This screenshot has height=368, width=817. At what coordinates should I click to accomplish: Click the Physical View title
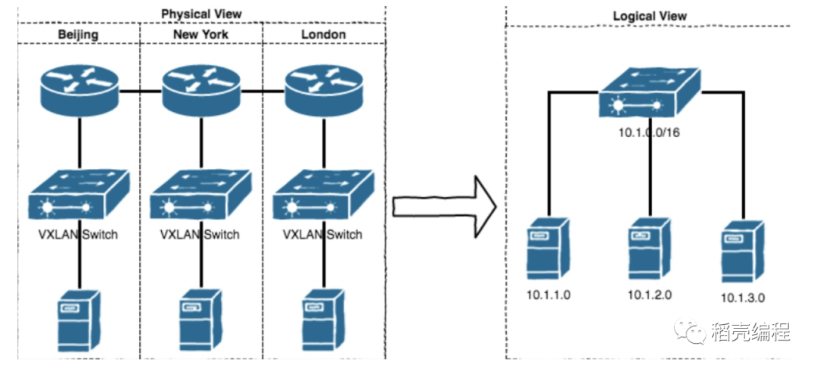(200, 14)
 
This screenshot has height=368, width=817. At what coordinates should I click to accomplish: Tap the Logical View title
(650, 16)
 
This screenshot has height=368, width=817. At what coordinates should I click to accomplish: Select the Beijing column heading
(78, 34)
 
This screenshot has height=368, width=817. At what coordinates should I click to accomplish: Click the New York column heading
(201, 34)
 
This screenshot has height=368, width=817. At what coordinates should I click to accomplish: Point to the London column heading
(323, 34)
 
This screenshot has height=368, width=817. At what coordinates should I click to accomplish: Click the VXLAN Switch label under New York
(200, 235)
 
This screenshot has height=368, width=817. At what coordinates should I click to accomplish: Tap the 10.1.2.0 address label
(649, 295)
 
